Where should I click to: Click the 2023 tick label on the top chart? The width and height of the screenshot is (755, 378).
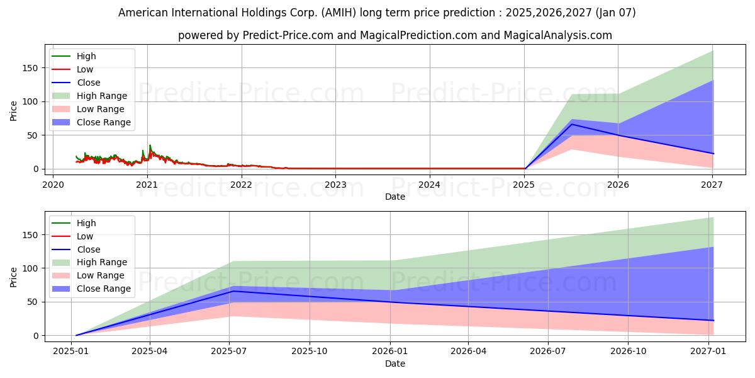coord(335,185)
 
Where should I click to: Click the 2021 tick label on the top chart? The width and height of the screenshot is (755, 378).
coord(147,185)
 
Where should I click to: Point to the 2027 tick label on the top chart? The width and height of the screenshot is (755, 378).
coord(712,185)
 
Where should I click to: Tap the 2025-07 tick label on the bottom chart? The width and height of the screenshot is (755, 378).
coord(229,352)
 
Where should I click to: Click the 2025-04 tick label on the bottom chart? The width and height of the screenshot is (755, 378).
coord(150,352)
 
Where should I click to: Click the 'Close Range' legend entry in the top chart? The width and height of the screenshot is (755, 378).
coord(104,122)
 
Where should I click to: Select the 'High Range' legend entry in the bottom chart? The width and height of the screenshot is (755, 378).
coord(101,262)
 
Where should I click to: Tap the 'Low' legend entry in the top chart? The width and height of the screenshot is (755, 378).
coord(84,69)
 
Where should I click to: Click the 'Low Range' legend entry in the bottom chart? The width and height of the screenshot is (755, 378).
coord(101,275)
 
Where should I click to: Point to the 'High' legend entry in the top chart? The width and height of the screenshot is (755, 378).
coord(86,56)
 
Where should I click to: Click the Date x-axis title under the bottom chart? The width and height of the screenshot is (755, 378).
coord(394,364)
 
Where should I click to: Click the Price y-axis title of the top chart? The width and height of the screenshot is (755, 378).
coord(14,111)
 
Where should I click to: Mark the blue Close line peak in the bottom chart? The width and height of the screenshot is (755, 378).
coord(230,290)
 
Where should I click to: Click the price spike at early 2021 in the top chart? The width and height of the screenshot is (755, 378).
coord(150,146)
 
